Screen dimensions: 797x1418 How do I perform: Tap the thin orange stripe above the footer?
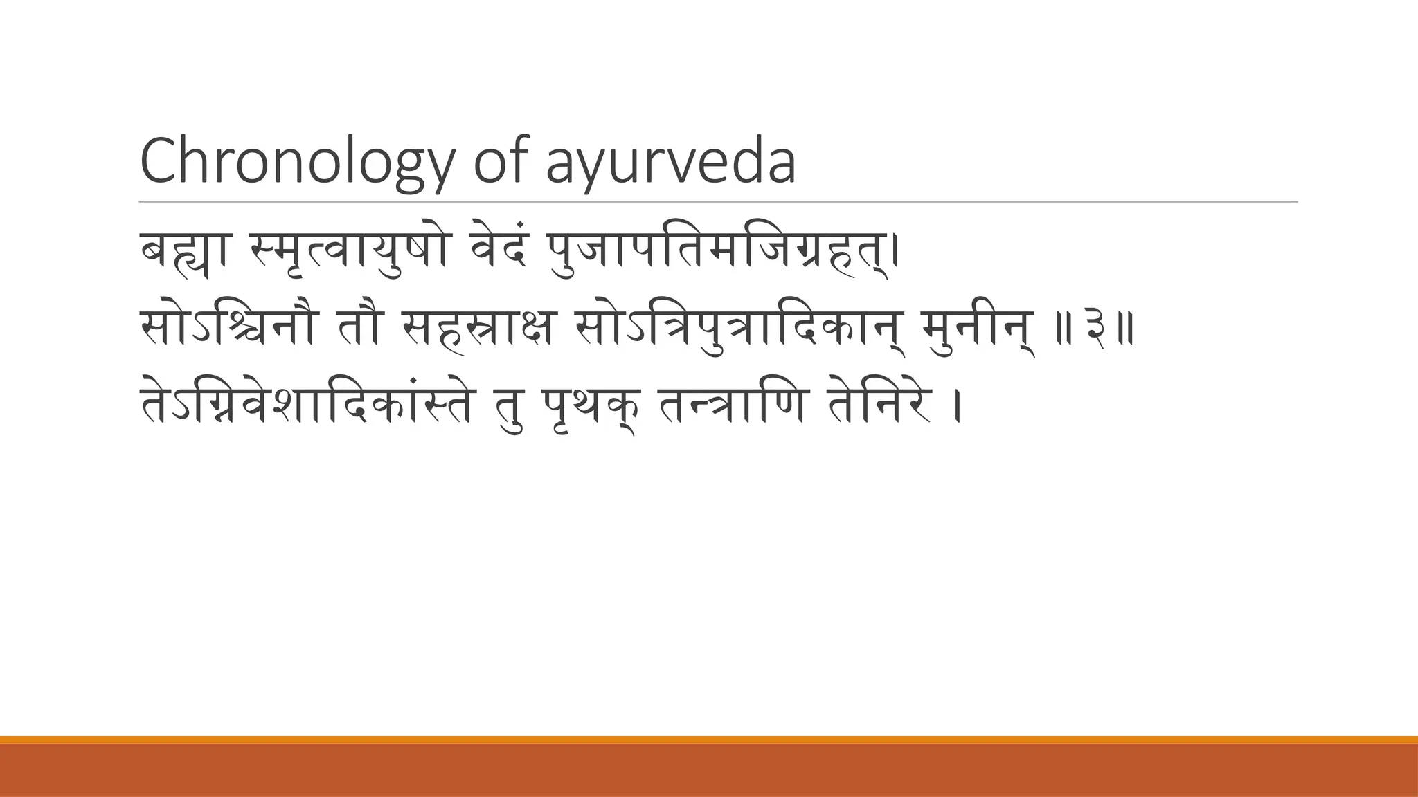point(709,740)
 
